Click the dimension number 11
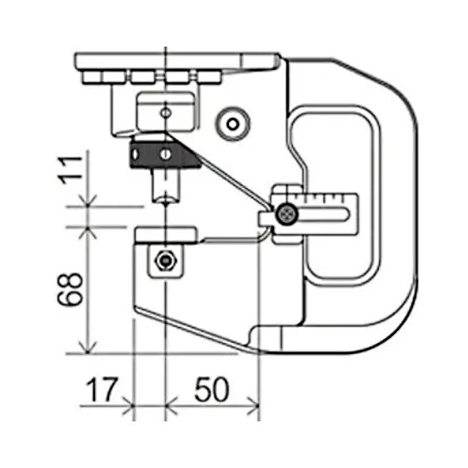coord(71,170)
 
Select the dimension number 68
coord(70,289)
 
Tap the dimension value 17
coord(102,390)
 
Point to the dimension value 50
coord(212,390)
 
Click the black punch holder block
coord(165,154)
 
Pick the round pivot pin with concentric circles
coord(233,123)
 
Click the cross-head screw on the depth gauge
coord(286,214)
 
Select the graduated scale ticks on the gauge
coord(320,198)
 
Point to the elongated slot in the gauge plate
coord(323,215)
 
